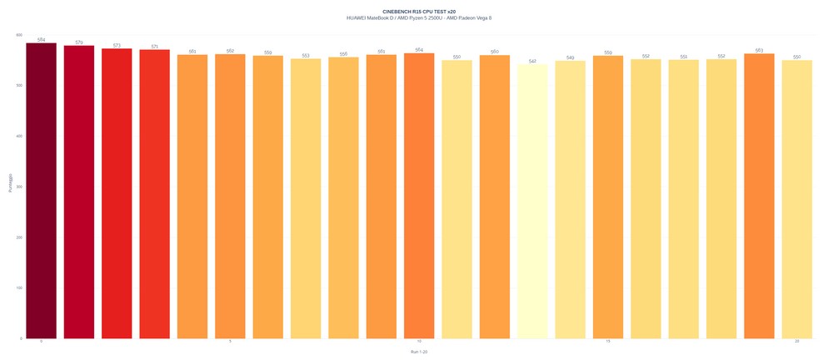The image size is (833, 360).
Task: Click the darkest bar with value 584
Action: pyautogui.click(x=41, y=191)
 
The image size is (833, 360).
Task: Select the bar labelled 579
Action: pyautogui.click(x=79, y=192)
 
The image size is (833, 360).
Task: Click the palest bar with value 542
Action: pyautogui.click(x=532, y=201)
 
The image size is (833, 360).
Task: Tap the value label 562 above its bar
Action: pyautogui.click(x=230, y=51)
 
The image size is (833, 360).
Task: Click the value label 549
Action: pyautogui.click(x=570, y=57)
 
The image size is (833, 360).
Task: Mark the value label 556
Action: pyautogui.click(x=343, y=54)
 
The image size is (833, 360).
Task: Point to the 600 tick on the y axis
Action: pyautogui.click(x=19, y=35)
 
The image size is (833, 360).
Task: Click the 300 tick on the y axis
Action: pyautogui.click(x=19, y=187)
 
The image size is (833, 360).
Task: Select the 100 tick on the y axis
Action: pyautogui.click(x=19, y=288)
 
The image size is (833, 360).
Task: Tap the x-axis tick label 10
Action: pyautogui.click(x=419, y=342)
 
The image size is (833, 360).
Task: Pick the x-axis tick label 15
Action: pyautogui.click(x=608, y=342)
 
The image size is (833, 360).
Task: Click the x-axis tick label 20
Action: pyautogui.click(x=797, y=342)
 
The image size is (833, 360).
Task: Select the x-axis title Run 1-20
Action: pyautogui.click(x=419, y=352)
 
